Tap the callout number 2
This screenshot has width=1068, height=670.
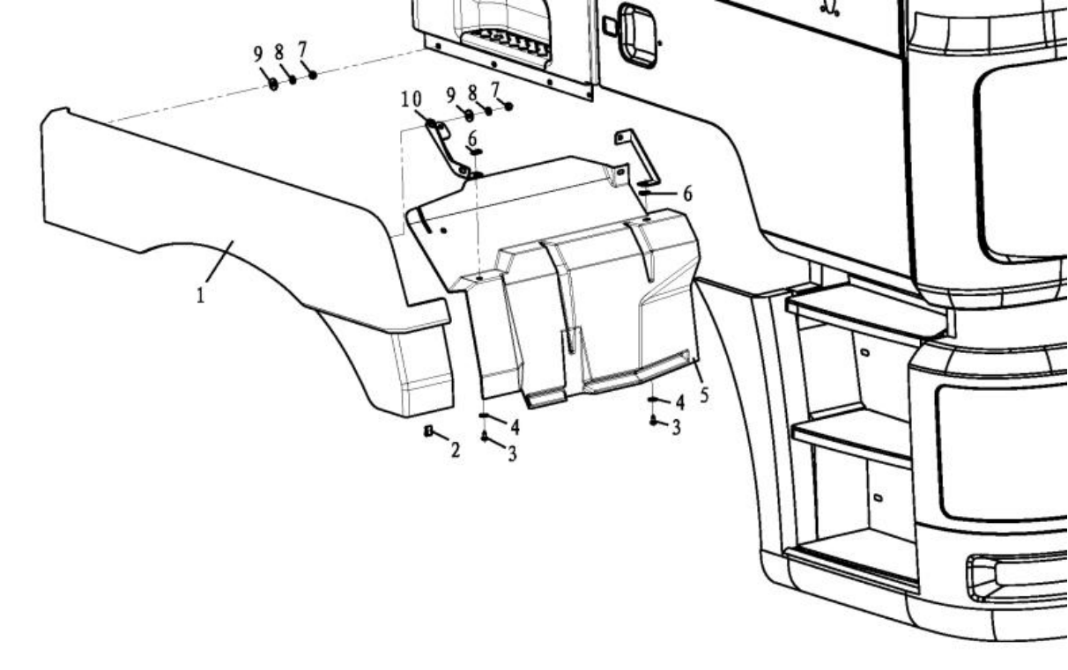(456, 451)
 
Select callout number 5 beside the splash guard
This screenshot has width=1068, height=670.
(704, 394)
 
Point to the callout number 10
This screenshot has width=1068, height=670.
(412, 99)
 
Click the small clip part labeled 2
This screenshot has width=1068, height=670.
(429, 431)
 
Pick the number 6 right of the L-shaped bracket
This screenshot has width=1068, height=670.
(687, 193)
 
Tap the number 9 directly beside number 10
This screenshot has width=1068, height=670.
(450, 95)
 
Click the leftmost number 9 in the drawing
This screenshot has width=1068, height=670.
(258, 54)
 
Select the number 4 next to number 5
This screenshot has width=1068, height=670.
(680, 401)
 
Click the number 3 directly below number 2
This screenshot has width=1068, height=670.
(512, 454)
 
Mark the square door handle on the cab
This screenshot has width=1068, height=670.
(638, 34)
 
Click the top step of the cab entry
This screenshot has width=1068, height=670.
(864, 308)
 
